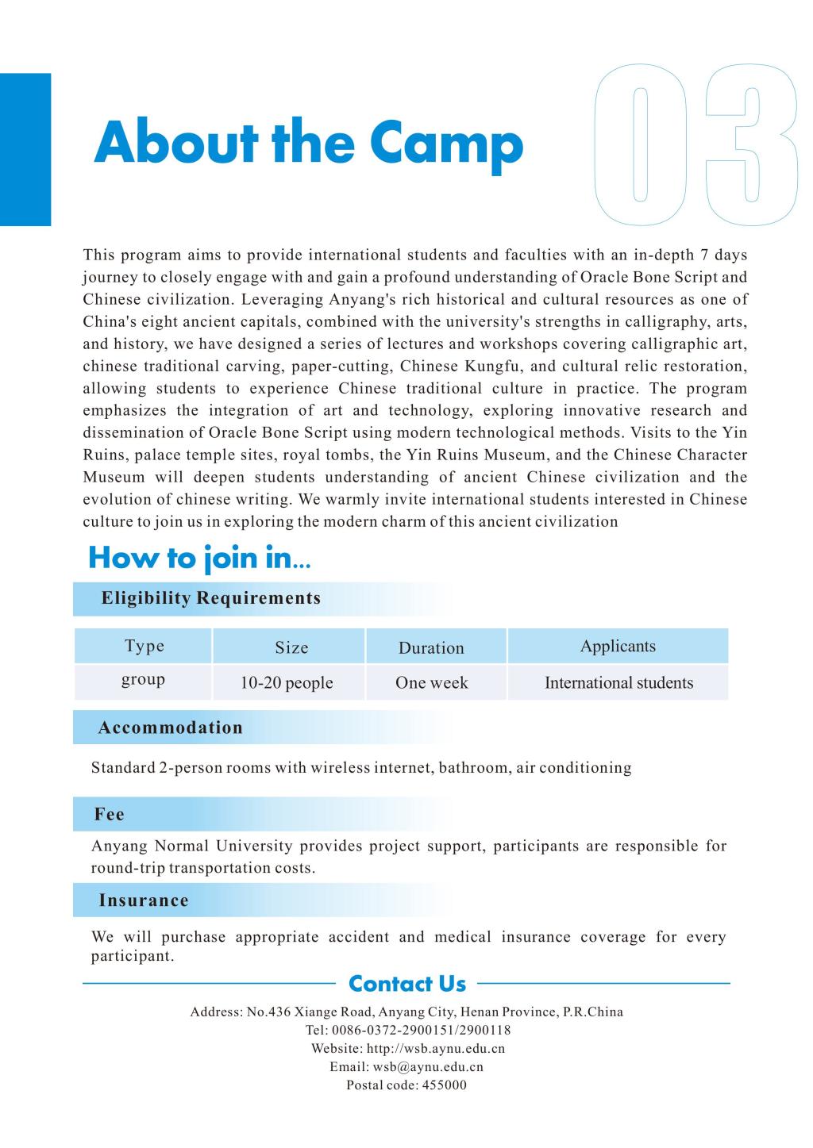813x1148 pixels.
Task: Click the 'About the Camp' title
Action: point(308,144)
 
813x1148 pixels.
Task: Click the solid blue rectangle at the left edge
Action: point(25,149)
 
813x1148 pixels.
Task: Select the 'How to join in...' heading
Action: point(199,558)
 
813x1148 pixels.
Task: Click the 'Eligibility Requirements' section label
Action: point(211,598)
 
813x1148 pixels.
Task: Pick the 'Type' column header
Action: point(144,646)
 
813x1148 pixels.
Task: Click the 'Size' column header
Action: point(291,647)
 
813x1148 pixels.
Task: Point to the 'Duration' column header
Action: point(431,647)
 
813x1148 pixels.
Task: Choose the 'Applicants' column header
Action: point(618,646)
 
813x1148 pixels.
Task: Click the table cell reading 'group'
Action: point(143,680)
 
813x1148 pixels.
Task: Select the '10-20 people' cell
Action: point(287,683)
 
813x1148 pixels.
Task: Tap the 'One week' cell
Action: point(431,683)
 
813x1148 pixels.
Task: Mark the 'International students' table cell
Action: point(618,683)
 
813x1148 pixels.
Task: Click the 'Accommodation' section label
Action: point(170,728)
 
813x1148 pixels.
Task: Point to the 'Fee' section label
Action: point(110,814)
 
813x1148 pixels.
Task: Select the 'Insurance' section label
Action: point(144,900)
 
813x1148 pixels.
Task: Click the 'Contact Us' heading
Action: point(407,984)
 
